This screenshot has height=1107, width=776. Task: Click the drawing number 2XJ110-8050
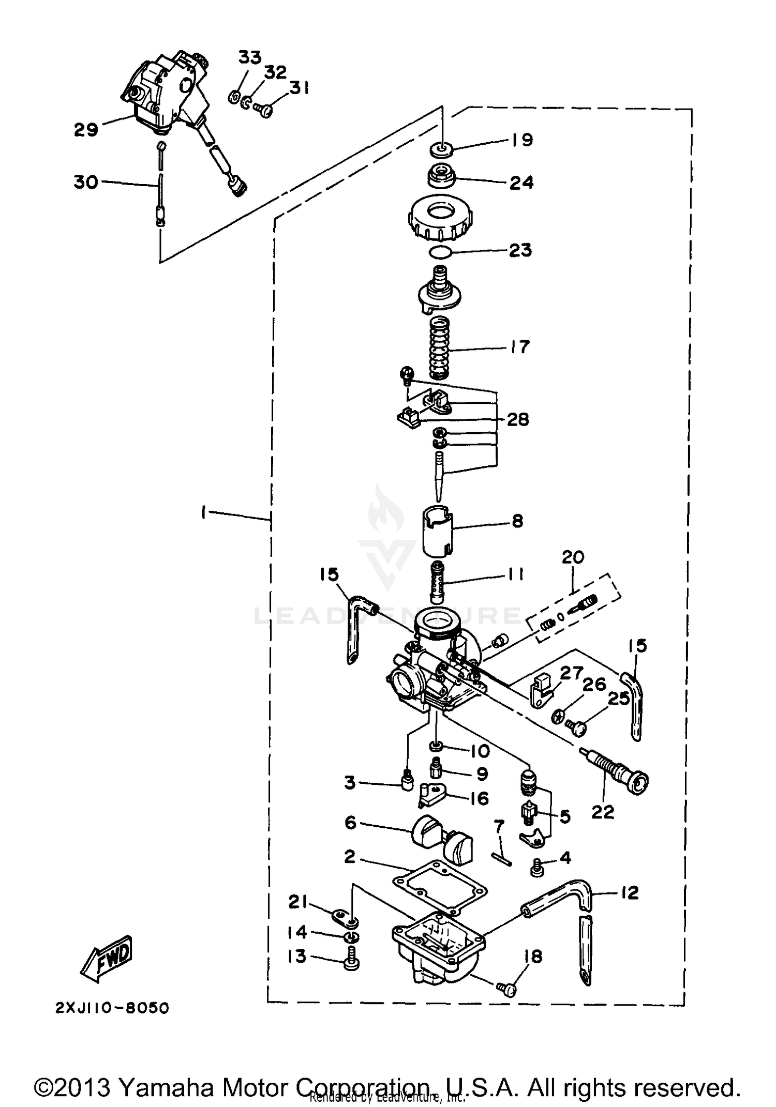pos(112,1008)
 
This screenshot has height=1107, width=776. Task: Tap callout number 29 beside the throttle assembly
pos(86,129)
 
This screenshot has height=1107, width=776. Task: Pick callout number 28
pos(517,419)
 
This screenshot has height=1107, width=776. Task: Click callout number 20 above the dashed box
pos(573,557)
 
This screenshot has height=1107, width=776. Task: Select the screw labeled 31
pos(264,109)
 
